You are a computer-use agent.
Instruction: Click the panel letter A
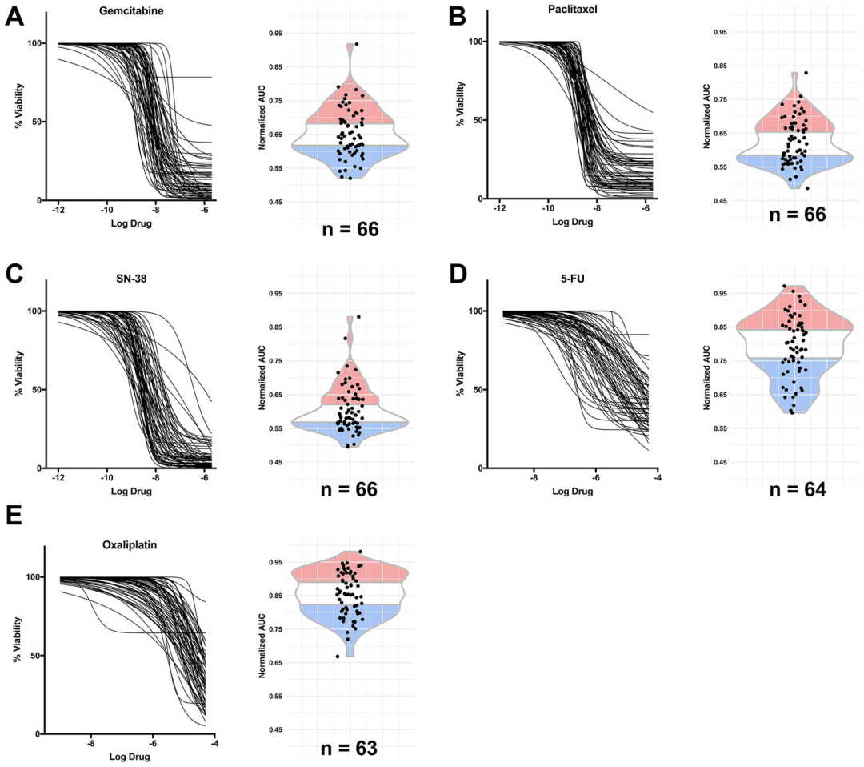click(14, 16)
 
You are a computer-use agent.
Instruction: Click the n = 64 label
click(798, 486)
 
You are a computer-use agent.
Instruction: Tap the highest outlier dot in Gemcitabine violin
click(357, 45)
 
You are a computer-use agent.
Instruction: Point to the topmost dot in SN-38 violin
click(358, 317)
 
